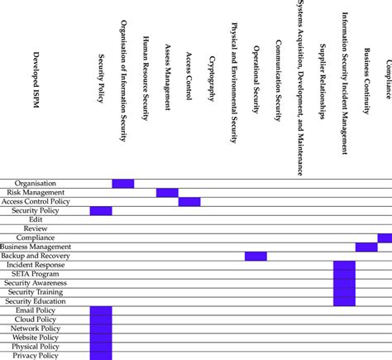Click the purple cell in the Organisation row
[123, 184]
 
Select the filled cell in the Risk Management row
[167, 193]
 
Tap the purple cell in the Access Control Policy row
[189, 202]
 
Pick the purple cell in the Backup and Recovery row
[256, 257]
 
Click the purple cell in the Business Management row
[366, 247]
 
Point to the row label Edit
[36, 220]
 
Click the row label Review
[36, 229]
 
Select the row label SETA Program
[36, 274]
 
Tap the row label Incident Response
[36, 265]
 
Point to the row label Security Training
[36, 292]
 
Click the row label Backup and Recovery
[36, 257]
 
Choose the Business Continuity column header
[366, 79]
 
